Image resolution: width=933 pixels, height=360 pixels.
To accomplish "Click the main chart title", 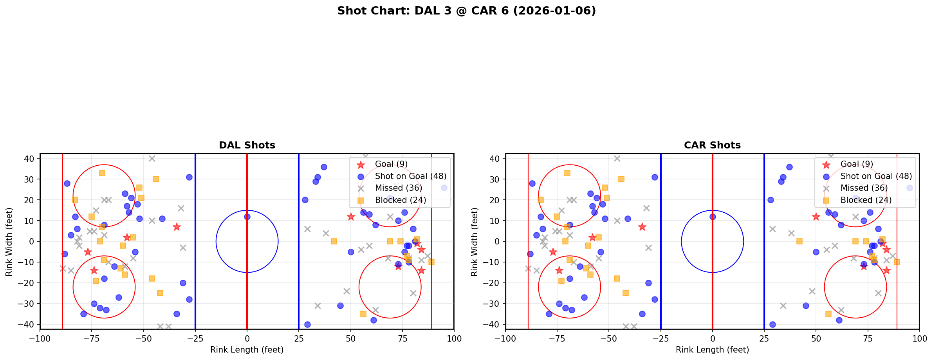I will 466,11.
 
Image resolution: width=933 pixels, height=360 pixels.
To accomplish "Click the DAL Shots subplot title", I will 247,145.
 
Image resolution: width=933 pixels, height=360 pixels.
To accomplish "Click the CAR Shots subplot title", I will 712,145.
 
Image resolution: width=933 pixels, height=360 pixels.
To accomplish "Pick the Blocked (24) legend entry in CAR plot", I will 866,200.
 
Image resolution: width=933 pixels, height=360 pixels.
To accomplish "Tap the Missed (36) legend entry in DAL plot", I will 398,188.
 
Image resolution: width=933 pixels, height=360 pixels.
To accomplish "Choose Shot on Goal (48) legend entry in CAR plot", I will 876,176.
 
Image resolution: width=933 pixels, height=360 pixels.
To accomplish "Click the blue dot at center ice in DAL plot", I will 247,217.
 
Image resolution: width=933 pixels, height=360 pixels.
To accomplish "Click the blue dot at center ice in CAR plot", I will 713,217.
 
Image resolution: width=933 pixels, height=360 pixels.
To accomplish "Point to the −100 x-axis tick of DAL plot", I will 40,338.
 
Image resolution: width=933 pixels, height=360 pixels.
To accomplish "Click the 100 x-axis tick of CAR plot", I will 919,338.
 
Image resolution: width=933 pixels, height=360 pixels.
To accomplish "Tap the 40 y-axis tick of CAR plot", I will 495,159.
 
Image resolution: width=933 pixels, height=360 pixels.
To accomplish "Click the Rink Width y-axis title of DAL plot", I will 9,242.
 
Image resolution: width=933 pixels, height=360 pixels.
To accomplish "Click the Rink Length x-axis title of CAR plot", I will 712,350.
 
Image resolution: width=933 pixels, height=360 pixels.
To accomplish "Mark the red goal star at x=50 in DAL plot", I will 351,217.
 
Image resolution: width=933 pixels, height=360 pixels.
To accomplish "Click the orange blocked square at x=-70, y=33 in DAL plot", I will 102,173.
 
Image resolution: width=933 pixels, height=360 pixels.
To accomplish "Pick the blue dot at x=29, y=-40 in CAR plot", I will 772,324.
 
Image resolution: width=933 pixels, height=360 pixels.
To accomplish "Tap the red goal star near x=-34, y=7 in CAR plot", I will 642,227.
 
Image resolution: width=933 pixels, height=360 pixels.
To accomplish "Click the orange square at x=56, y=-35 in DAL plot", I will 363,314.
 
